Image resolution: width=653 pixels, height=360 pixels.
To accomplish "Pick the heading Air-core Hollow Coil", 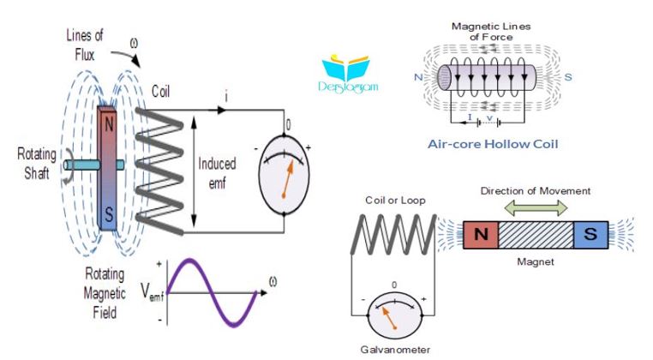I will click(493, 144).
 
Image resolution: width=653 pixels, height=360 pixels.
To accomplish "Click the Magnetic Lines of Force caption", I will click(491, 32).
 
